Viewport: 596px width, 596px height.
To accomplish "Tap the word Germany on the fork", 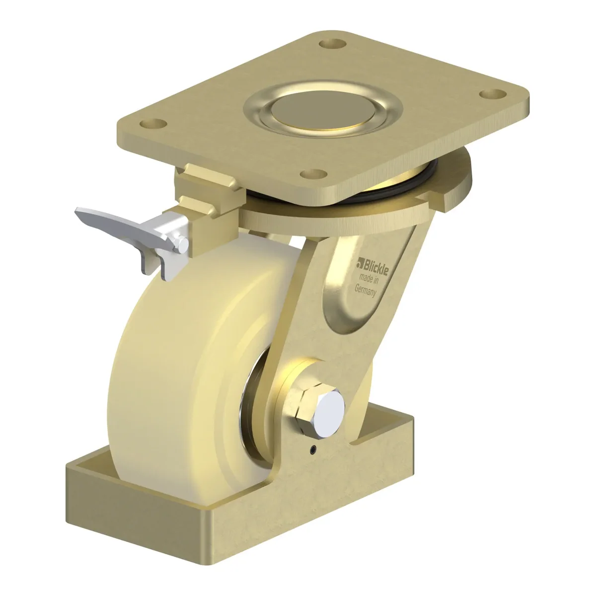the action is [365, 291].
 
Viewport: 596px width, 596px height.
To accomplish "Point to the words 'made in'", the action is [369, 280].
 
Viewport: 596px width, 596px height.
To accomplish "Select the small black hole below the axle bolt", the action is [314, 449].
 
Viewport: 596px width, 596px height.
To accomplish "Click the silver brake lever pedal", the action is [124, 228].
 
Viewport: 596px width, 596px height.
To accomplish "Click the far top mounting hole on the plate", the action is [333, 44].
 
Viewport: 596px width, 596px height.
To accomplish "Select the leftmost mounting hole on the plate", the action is [153, 124].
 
